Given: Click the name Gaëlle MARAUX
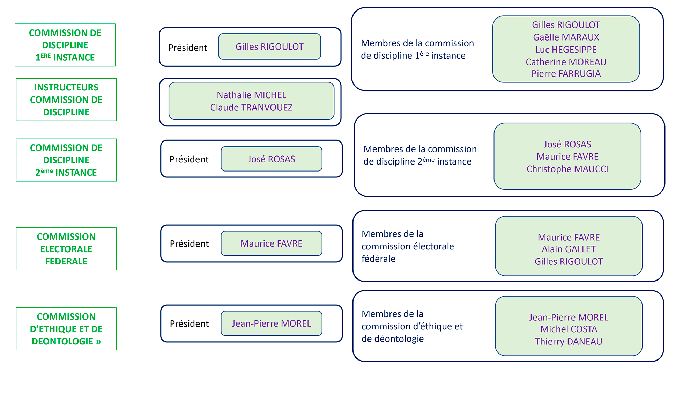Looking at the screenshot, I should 566,37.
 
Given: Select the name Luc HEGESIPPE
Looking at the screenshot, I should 566,50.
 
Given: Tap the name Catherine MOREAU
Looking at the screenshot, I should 566,62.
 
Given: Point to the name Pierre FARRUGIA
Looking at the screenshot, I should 566,74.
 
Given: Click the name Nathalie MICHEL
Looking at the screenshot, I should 251,95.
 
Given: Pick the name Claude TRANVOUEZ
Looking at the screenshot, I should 251,108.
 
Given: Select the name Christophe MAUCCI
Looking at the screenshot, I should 567,169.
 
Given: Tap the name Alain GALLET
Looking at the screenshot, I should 569,249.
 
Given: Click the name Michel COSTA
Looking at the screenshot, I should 569,329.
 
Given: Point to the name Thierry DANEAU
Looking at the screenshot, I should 569,342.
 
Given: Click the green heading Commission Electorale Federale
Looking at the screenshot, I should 66,249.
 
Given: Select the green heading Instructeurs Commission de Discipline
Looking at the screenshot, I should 66,100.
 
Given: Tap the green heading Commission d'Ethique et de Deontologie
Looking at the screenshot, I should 66,329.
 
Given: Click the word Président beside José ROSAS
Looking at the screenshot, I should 189,159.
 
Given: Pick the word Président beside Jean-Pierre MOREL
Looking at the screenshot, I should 189,324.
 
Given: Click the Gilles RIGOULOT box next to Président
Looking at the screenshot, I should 269,46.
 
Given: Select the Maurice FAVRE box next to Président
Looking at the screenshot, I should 271,243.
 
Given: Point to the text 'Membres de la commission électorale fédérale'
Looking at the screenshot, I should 408,246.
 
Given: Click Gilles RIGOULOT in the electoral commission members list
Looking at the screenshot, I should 569,262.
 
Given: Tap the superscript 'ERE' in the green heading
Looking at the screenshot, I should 46,56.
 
